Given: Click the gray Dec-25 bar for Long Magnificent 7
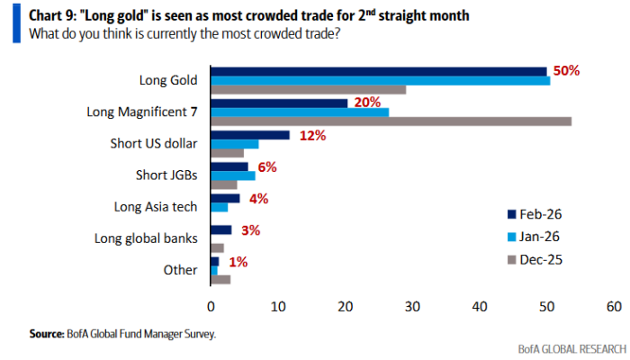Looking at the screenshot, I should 391,121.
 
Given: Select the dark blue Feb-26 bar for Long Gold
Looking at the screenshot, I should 378,71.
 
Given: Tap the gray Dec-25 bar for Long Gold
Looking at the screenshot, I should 308,90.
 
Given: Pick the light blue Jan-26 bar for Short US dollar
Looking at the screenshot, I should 234,144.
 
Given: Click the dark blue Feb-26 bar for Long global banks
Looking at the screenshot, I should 220,229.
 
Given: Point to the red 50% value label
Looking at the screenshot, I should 567,70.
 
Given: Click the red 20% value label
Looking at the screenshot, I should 368,103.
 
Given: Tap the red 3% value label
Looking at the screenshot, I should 250,230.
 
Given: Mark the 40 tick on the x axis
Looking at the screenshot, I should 479,306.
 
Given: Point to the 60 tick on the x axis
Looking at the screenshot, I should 614,306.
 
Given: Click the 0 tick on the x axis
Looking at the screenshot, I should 211,306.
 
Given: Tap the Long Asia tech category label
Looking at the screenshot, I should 157,207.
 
